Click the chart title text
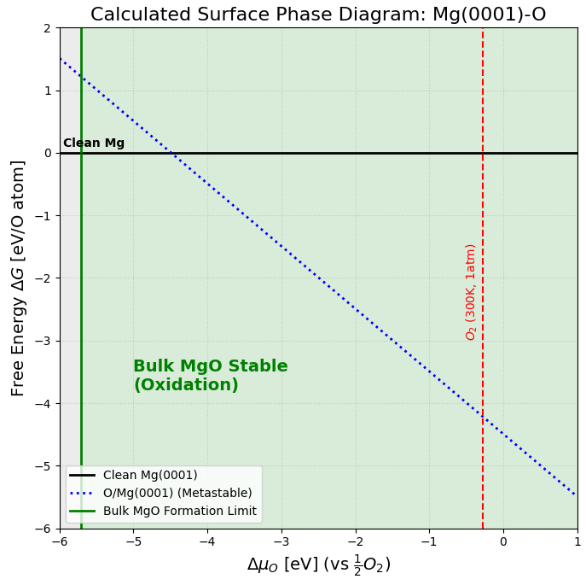pos(318,15)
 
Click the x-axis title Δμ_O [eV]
pos(318,565)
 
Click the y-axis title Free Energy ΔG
pos(18,278)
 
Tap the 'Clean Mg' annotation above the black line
pos(94,143)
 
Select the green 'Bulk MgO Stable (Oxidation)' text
pos(210,376)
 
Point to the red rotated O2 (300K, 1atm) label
pos(470,291)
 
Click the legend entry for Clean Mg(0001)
pos(149,476)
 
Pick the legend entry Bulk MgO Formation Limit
pos(179,511)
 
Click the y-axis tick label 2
pos(48,28)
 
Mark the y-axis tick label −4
pos(44,403)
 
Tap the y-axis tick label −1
pos(44,216)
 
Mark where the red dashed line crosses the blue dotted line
pos(483,417)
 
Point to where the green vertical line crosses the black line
pos(81,153)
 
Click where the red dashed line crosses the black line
pos(483,153)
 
